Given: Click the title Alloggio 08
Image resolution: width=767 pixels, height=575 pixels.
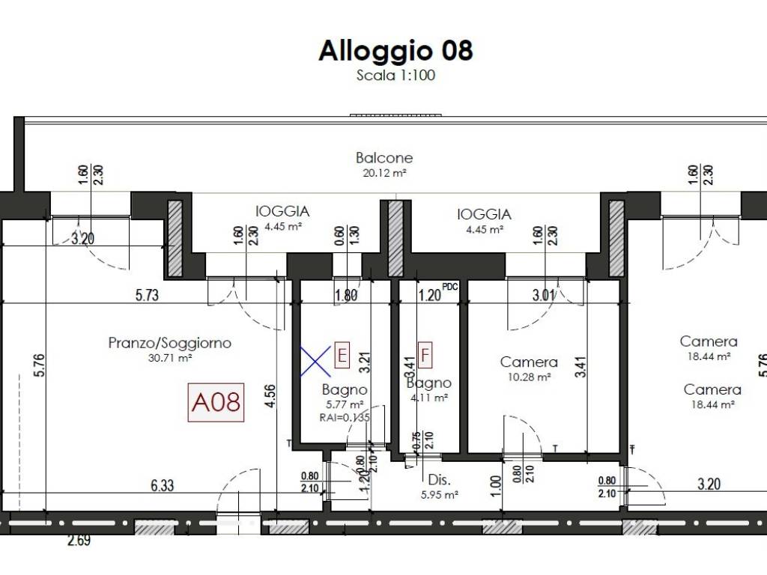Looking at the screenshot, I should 395,50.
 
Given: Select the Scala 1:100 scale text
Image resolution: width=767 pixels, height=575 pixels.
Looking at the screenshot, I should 395,75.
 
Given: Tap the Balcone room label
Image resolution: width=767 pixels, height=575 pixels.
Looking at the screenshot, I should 383,158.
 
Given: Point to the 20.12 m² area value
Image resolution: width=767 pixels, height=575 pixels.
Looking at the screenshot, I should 383,172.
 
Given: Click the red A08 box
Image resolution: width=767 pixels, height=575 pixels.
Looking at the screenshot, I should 216,402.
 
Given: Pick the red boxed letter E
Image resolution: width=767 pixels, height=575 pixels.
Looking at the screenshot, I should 342,355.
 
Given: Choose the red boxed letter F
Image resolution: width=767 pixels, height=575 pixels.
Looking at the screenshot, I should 425,355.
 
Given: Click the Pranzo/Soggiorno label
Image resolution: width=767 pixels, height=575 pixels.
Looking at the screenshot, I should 170,343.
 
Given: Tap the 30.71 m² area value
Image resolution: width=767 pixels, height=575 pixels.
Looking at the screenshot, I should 170,358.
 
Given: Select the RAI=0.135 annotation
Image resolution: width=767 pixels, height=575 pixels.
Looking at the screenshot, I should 345,418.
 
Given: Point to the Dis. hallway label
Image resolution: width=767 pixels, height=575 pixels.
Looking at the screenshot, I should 437,480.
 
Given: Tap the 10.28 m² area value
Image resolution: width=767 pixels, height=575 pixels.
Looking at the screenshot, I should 529,377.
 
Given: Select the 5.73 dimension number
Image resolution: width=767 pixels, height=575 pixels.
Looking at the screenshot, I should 148,295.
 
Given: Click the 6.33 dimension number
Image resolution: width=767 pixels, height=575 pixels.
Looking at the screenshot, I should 162,485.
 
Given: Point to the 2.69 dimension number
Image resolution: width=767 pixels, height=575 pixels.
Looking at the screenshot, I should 79,540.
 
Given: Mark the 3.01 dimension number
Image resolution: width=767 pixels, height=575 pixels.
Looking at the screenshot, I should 543,295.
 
